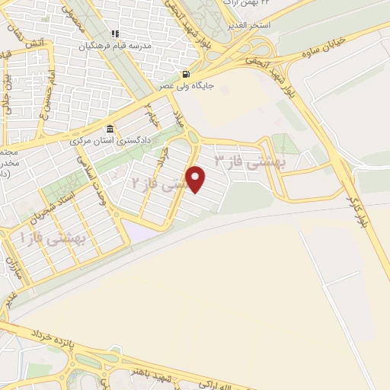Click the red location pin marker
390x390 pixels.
tap(197, 180)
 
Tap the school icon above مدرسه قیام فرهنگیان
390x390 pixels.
tap(116, 34)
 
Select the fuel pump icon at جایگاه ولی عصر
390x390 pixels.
tap(185, 75)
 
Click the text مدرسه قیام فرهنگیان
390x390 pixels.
tap(121, 45)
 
